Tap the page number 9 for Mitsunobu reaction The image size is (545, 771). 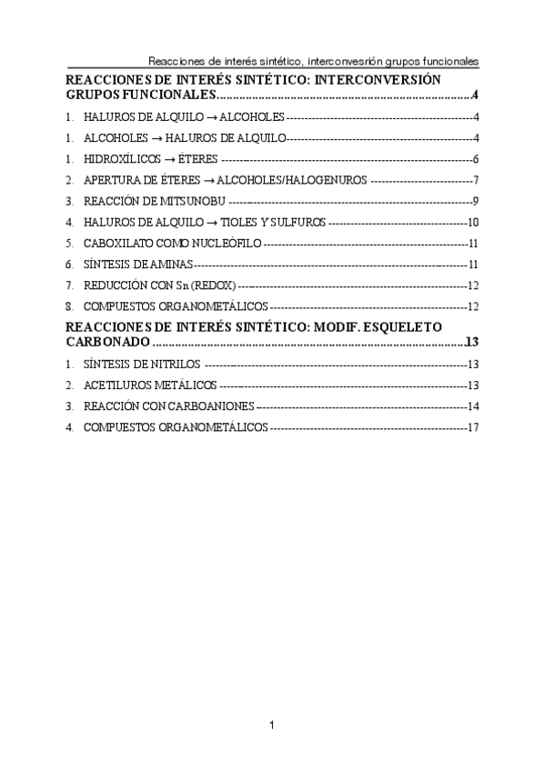click(x=477, y=201)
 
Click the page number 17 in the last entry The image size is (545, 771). click(x=473, y=427)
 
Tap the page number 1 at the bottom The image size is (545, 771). click(x=272, y=725)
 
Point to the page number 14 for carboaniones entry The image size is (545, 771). click(x=473, y=406)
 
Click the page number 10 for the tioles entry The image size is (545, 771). click(x=473, y=223)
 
